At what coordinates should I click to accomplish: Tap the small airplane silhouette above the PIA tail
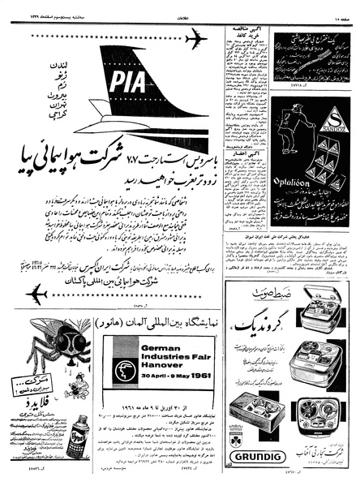[x=195, y=38]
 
